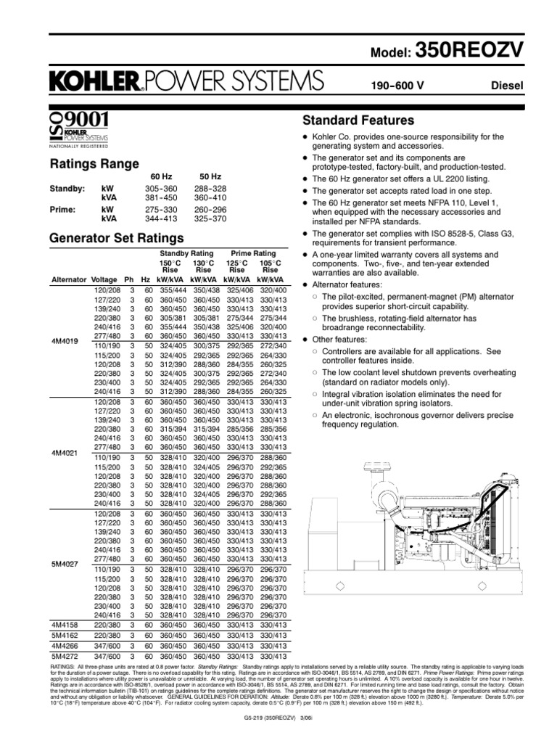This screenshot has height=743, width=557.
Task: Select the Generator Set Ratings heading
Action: point(116,238)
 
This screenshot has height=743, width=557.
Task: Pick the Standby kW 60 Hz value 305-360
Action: point(161,189)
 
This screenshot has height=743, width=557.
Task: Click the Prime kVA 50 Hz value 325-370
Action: point(215,217)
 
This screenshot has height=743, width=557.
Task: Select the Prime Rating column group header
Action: point(253,252)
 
